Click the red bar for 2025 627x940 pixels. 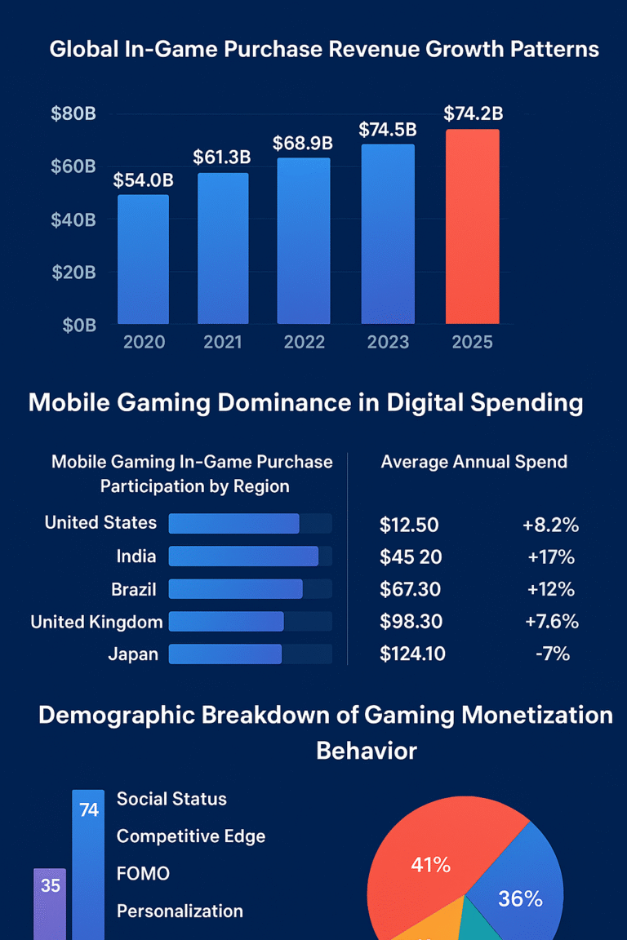[472, 226]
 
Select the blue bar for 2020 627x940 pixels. [143, 259]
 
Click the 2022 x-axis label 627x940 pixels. [304, 342]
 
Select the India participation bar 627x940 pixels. [243, 556]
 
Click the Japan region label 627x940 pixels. [133, 654]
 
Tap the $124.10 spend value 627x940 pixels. [412, 654]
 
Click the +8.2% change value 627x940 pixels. [550, 525]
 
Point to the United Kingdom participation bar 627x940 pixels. [226, 622]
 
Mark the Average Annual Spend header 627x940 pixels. [474, 462]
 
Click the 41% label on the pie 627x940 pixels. [430, 865]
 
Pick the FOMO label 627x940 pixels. [143, 873]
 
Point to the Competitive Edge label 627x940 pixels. [191, 836]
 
